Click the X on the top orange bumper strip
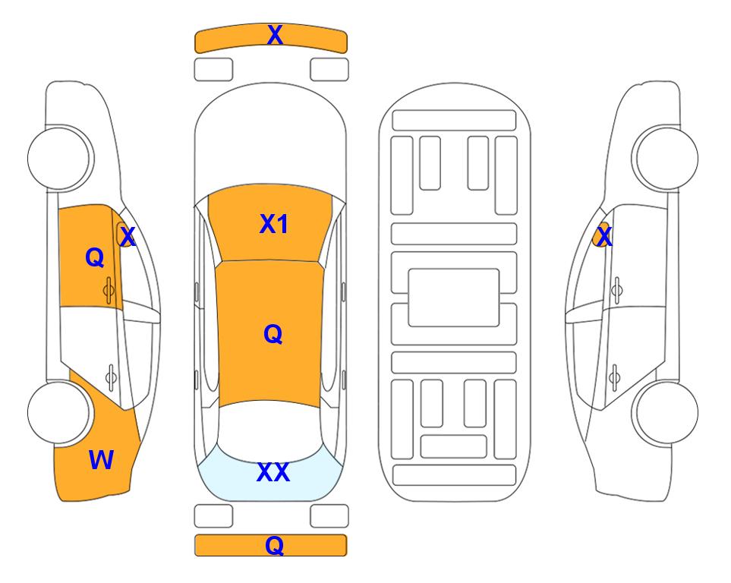[x=275, y=35]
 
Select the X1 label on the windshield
[x=274, y=224]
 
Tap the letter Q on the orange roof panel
[x=273, y=334]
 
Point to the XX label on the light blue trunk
[x=273, y=472]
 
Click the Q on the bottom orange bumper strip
[x=275, y=545]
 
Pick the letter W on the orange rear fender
[x=101, y=460]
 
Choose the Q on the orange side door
[x=95, y=257]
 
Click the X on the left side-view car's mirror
[x=127, y=236]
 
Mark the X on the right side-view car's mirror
[x=604, y=236]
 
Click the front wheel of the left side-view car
[x=58, y=158]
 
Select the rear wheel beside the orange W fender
[x=58, y=413]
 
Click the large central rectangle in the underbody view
[x=454, y=298]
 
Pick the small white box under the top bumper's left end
[x=213, y=70]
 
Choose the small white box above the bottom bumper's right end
[x=329, y=516]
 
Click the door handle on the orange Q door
[x=109, y=290]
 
